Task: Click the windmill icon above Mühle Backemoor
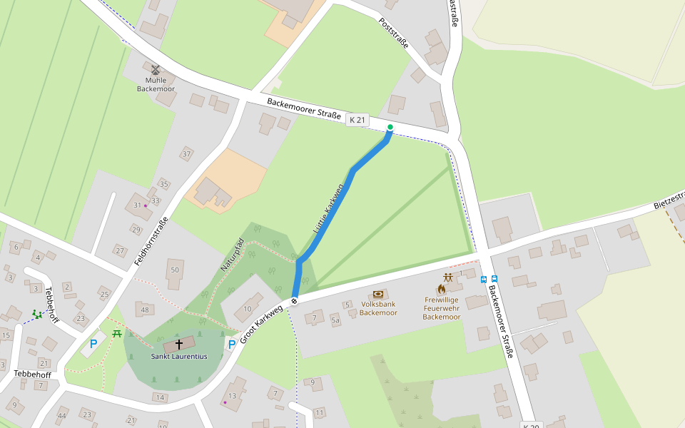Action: pyautogui.click(x=156, y=69)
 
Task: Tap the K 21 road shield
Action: pyautogui.click(x=357, y=121)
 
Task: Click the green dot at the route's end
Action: pyautogui.click(x=390, y=127)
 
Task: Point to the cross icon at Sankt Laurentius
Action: pyautogui.click(x=179, y=344)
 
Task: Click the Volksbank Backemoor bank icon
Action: pyautogui.click(x=378, y=294)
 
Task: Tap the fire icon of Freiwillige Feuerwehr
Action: pyautogui.click(x=442, y=289)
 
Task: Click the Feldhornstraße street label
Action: pyautogui.click(x=151, y=241)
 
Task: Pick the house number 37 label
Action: pyautogui.click(x=187, y=153)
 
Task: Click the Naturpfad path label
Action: pyautogui.click(x=232, y=255)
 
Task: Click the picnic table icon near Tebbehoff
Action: pyautogui.click(x=117, y=333)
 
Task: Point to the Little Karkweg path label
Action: pyautogui.click(x=329, y=209)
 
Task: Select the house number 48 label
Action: pyautogui.click(x=145, y=310)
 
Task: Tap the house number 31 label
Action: pyautogui.click(x=138, y=205)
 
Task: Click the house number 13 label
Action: pyautogui.click(x=232, y=396)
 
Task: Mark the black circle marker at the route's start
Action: pyautogui.click(x=294, y=300)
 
